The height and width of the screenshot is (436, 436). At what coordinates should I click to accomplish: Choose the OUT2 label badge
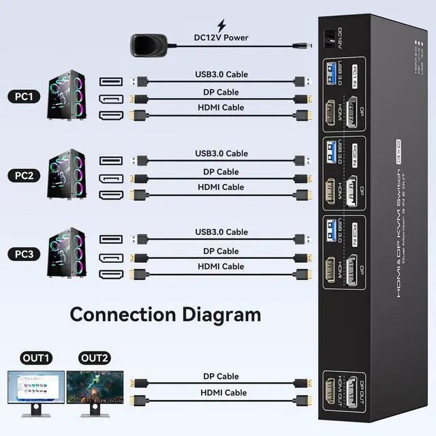(x=94, y=358)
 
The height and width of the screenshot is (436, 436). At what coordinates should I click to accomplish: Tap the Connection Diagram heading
(x=166, y=314)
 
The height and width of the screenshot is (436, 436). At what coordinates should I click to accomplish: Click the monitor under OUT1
(x=35, y=392)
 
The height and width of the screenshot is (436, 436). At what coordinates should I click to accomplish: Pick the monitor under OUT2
(x=94, y=392)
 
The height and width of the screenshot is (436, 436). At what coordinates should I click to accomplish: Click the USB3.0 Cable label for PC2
(x=221, y=153)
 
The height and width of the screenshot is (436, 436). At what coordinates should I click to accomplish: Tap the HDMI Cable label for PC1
(x=221, y=108)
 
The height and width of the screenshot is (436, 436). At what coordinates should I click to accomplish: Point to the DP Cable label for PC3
(x=221, y=251)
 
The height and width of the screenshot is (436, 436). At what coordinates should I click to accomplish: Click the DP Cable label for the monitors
(x=221, y=376)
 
